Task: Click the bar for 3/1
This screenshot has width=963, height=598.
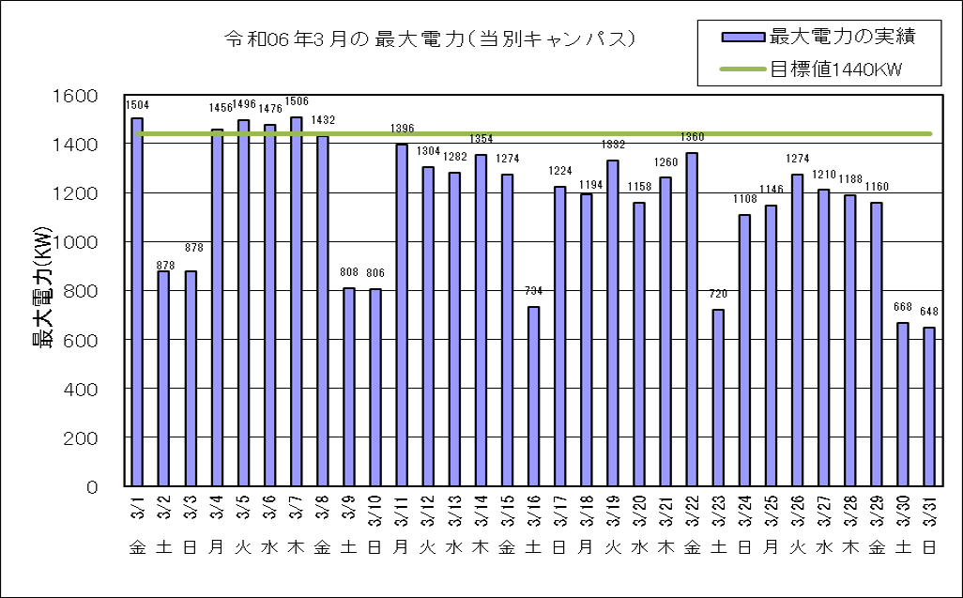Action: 137,301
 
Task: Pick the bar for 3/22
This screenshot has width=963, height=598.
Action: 692,319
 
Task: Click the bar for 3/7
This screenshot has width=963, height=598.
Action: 296,301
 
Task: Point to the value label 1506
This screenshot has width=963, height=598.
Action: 297,101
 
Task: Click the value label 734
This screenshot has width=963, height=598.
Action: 533,291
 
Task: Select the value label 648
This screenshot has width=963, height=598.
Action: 929,312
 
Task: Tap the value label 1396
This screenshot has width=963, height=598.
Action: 402,129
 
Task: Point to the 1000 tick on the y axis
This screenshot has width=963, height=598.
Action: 80,242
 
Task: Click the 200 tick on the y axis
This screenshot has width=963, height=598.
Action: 85,438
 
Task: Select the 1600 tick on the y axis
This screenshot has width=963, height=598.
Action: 80,96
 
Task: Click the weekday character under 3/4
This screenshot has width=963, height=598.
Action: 217,547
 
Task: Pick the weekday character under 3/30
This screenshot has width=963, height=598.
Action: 903,547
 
